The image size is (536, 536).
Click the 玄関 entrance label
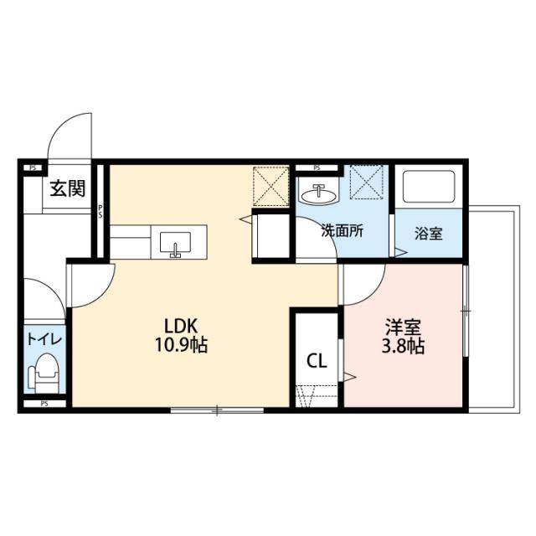click(x=67, y=188)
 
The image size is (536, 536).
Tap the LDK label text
click(x=181, y=326)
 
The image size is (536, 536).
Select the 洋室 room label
click(x=403, y=327)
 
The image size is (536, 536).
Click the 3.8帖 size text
click(x=403, y=346)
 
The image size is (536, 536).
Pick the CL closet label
click(x=317, y=361)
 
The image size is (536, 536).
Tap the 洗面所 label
click(x=343, y=232)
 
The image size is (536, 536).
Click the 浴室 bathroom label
click(x=429, y=234)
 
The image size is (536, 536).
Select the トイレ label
click(x=44, y=339)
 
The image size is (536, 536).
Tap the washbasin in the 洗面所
click(x=318, y=195)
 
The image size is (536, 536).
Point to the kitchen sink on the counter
click(x=175, y=244)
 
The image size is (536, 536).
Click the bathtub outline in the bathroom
click(x=429, y=186)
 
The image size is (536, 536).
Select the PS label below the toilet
click(x=44, y=404)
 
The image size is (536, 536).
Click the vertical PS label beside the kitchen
click(x=100, y=211)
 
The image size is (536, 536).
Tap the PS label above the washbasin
click(x=317, y=167)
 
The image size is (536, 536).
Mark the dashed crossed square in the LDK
click(x=271, y=186)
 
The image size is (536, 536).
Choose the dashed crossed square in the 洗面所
click(x=367, y=183)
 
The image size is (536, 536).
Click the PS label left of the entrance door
click(x=33, y=167)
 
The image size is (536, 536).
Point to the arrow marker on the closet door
click(x=350, y=377)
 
